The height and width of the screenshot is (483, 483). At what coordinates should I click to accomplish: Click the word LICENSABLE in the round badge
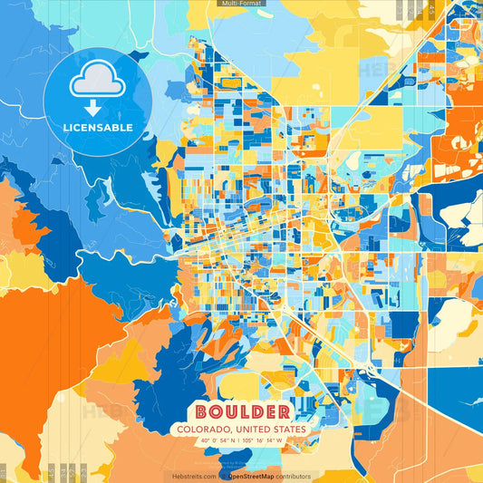coord(99,127)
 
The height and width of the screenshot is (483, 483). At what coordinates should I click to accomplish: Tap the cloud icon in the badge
coord(99,81)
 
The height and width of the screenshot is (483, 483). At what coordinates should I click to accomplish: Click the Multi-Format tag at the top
coord(241,4)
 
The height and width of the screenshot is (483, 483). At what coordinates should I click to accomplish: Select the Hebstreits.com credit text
coord(192,476)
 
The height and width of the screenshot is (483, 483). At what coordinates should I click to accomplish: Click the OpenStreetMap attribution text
coord(252,476)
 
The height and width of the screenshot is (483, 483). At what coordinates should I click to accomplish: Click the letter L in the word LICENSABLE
coord(66,127)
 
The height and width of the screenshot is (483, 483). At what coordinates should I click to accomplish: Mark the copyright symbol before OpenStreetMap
coord(224,476)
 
